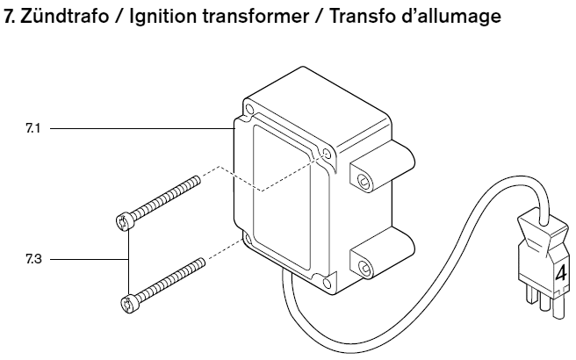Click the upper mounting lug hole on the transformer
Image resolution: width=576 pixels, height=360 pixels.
(x=361, y=180)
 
